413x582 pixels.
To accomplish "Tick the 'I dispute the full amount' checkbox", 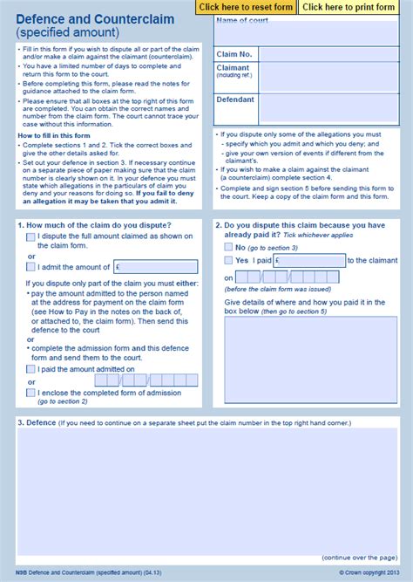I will coord(31,236).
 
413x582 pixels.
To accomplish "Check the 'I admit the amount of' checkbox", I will coord(31,267).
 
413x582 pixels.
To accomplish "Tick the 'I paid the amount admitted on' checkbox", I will coord(31,369).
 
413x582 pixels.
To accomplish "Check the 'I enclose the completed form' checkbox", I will coord(31,394).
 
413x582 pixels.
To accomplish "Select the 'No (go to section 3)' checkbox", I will coord(229,248).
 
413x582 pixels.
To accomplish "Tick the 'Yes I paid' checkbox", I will coord(229,260).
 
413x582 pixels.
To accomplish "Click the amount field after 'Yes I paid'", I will coord(309,260).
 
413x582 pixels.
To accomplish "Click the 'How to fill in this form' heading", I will coord(55,136).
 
